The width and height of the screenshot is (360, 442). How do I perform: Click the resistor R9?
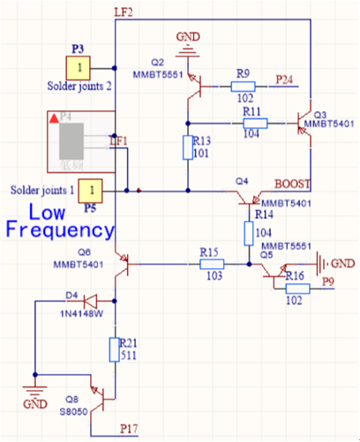point(243,86)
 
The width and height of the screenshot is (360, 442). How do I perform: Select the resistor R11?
point(255,124)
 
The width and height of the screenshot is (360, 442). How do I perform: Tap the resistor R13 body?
point(187,147)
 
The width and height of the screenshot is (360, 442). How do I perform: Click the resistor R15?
point(212,263)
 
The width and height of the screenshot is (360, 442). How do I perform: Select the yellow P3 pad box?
point(79,68)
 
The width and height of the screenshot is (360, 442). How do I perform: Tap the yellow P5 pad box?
point(93,190)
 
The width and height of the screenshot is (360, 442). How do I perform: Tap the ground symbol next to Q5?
point(322,263)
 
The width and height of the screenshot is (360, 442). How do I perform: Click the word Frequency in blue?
point(59,230)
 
